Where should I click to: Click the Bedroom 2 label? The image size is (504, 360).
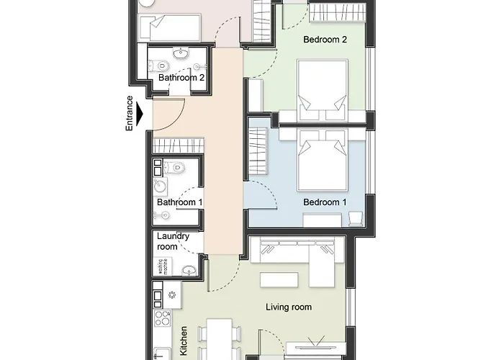point(325,40)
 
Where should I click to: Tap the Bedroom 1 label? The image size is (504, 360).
point(325,202)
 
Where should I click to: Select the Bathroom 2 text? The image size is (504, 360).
point(181,78)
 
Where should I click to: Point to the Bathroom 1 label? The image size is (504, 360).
point(180,202)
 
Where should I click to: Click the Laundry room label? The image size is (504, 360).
point(173,241)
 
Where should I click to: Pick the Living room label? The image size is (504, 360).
point(289,307)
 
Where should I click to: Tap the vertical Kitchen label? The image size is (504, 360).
point(184,341)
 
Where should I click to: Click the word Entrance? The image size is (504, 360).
point(129,113)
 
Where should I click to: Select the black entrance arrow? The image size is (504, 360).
point(140,114)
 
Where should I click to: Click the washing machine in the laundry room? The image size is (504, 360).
point(163,266)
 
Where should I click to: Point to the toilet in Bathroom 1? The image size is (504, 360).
point(174,168)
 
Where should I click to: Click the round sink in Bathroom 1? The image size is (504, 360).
point(160,186)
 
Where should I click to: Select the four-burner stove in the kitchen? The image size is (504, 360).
point(163,318)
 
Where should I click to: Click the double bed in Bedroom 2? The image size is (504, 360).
point(323,90)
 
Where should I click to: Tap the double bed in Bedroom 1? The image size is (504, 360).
point(323,160)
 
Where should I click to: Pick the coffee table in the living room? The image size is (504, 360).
point(279,279)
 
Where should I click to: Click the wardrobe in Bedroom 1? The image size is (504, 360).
point(258,150)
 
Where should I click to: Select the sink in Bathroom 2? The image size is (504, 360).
point(182,53)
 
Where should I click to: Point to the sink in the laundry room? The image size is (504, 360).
point(189,270)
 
